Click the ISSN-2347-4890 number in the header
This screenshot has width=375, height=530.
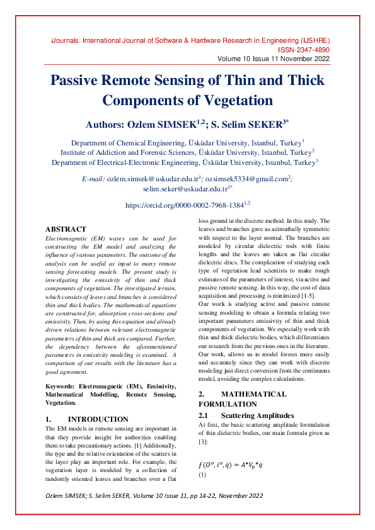click(x=303, y=49)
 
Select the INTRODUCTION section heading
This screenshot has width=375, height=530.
click(x=98, y=419)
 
